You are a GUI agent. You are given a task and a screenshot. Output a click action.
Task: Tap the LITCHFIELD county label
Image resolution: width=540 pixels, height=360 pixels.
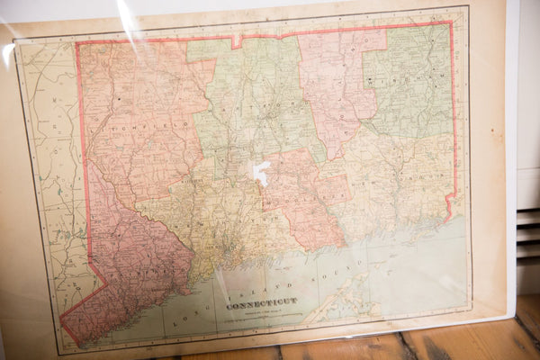[x=144, y=116]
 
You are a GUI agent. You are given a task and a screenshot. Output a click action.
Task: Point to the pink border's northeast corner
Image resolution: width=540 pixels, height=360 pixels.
[x=451, y=22]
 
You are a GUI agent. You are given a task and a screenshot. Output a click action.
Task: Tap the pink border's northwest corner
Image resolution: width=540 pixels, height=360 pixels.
[x=77, y=42]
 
